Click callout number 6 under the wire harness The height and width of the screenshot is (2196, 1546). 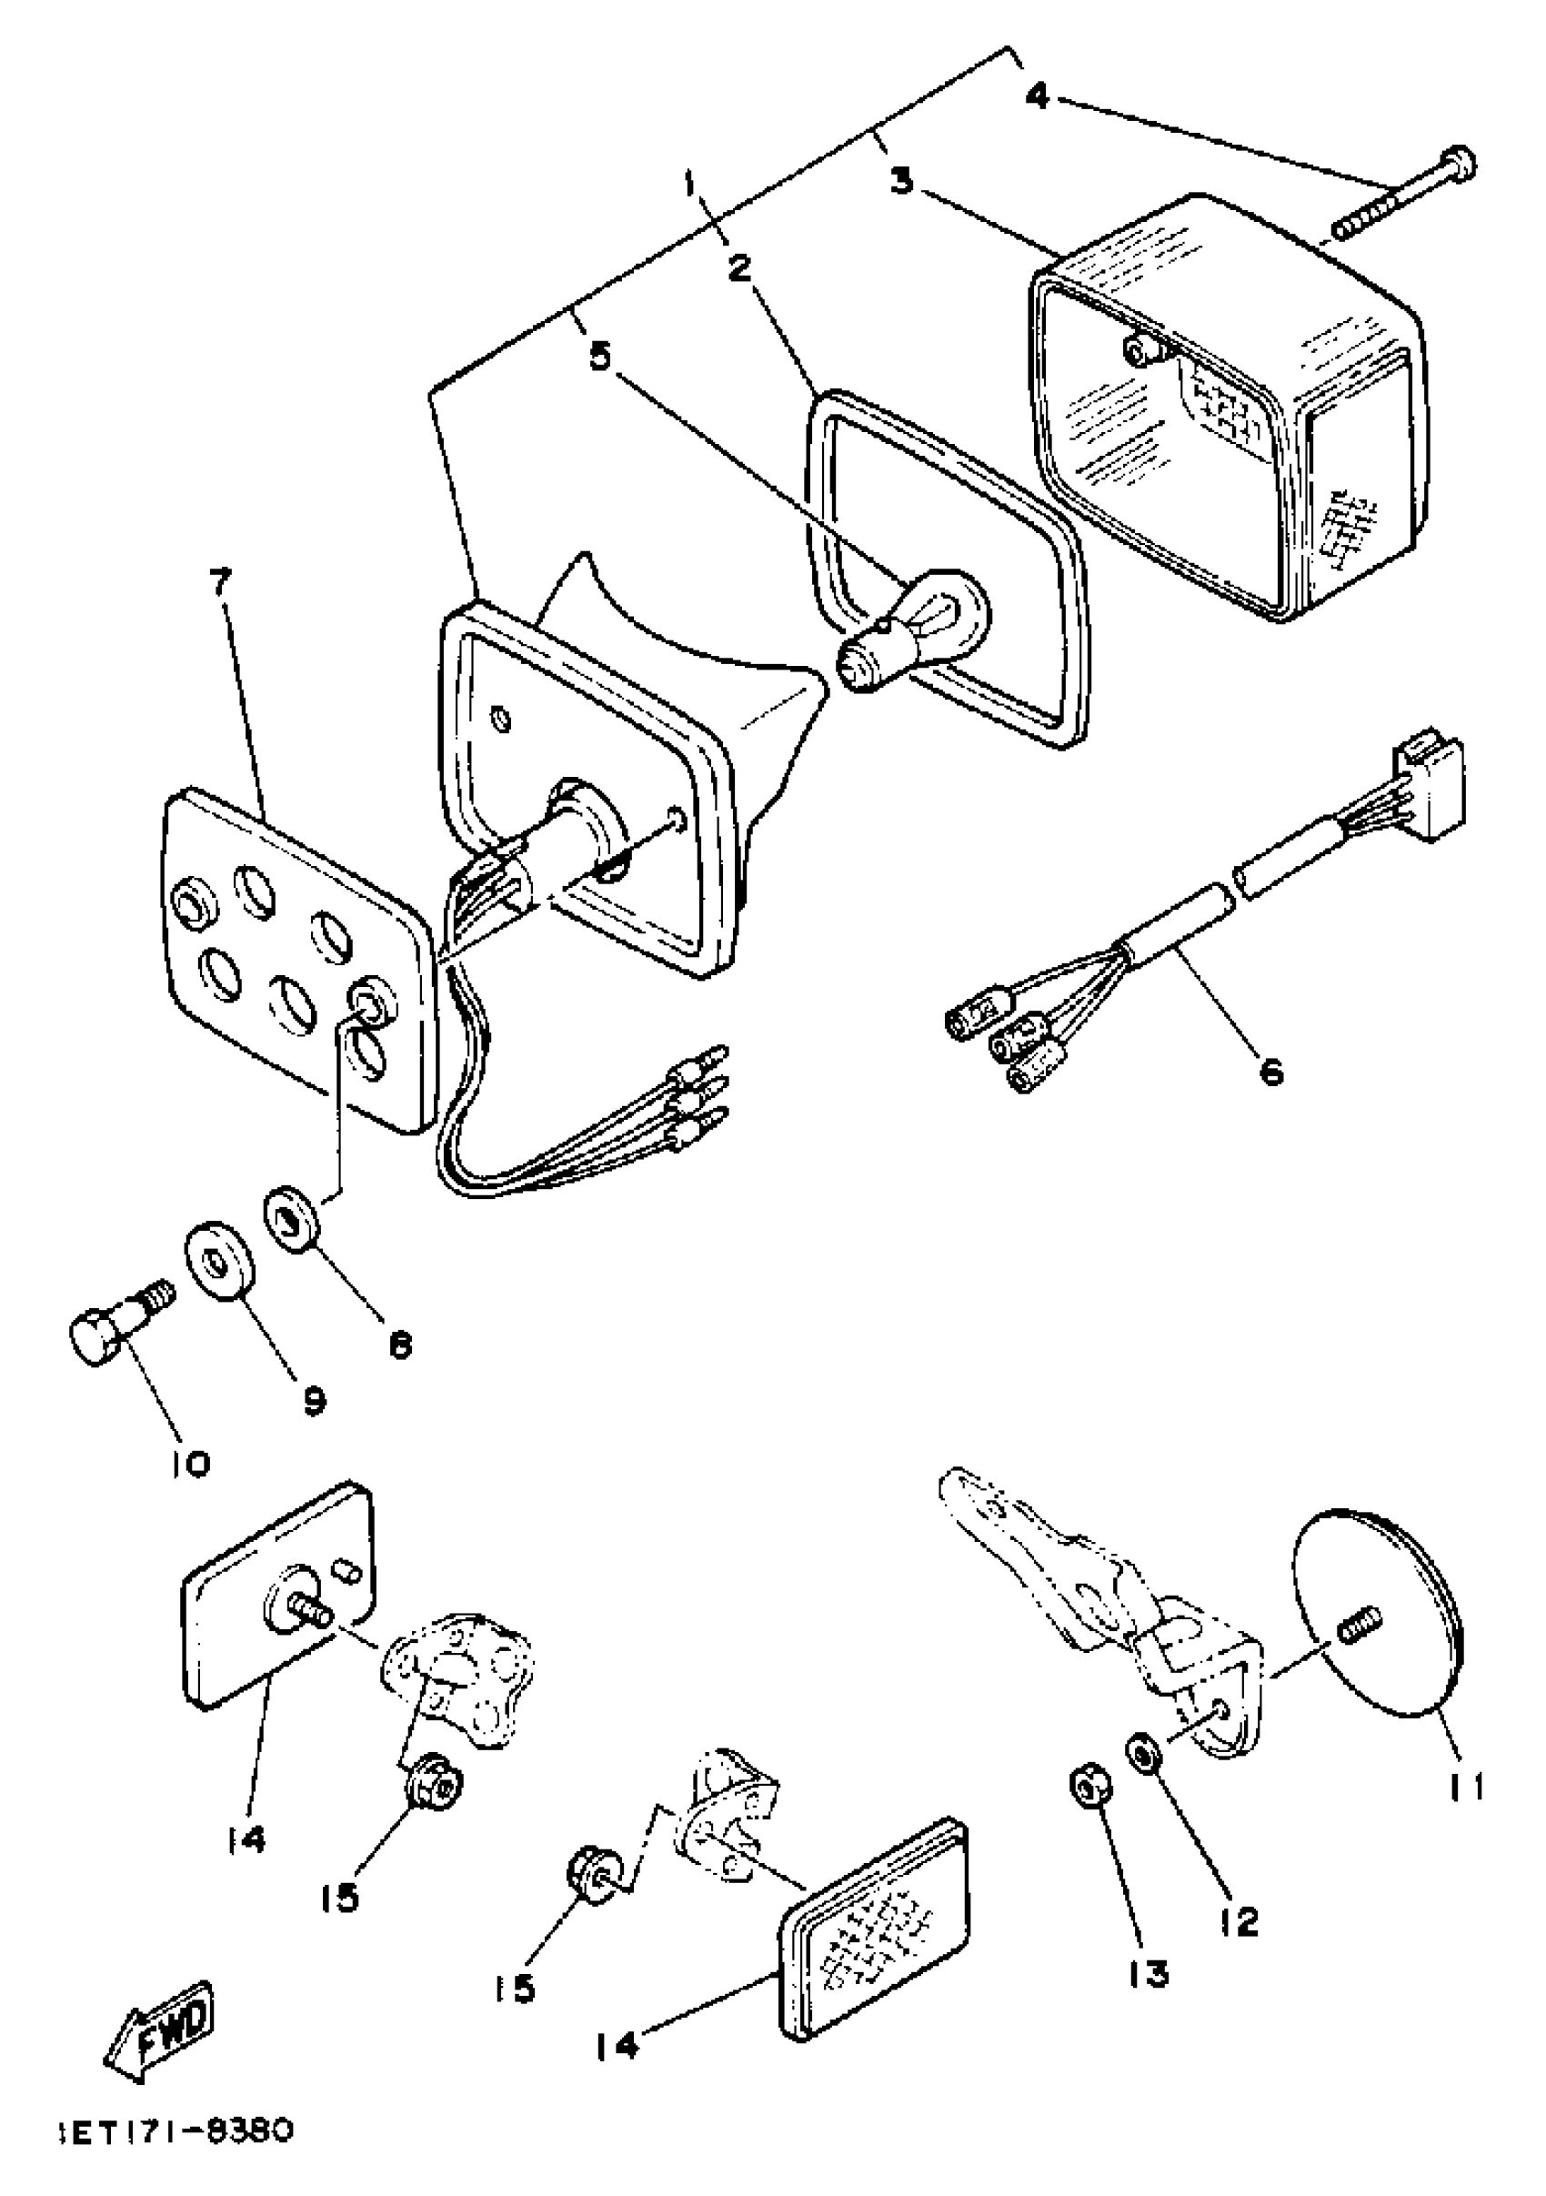(1270, 1073)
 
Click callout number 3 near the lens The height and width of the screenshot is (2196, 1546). (899, 180)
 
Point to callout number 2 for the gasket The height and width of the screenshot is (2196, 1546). (738, 268)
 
